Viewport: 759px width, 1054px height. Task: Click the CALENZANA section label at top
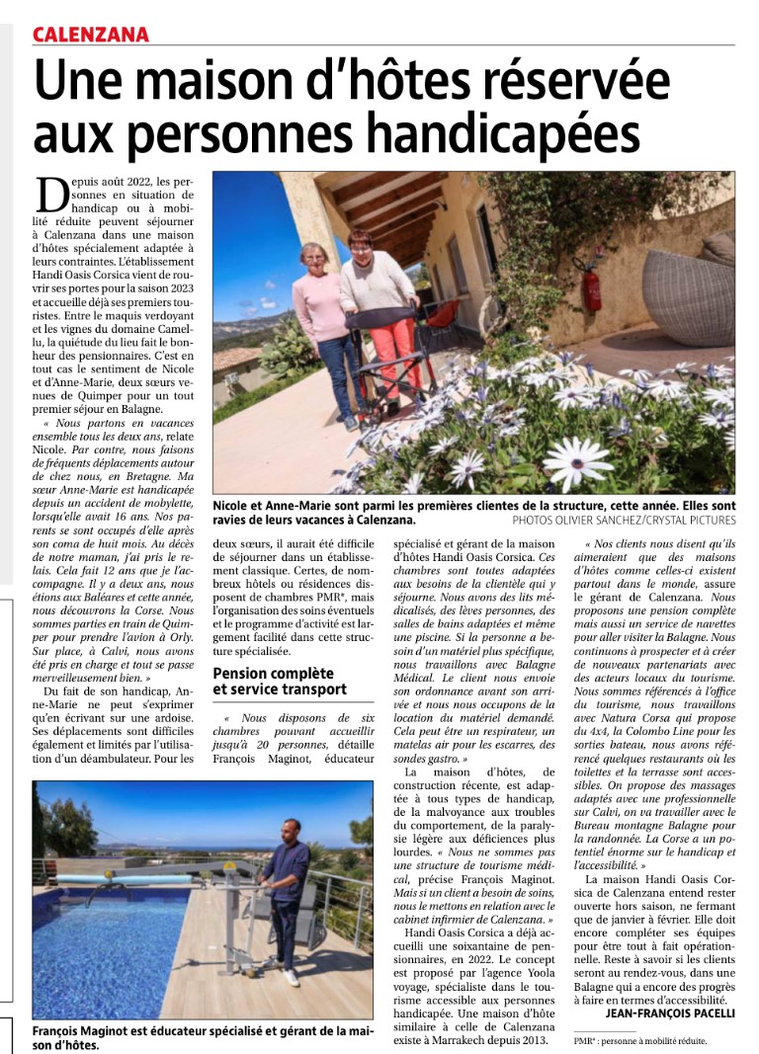pyautogui.click(x=91, y=36)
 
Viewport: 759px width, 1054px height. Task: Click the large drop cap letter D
pyautogui.click(x=53, y=196)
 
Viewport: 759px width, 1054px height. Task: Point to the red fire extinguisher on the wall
pyautogui.click(x=592, y=285)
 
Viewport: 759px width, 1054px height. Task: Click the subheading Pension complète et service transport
pyautogui.click(x=280, y=681)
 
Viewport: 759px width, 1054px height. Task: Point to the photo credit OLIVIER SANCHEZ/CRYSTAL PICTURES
pyautogui.click(x=624, y=520)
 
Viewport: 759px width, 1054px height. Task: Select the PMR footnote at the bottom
pyautogui.click(x=640, y=1040)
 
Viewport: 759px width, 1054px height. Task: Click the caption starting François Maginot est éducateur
pyautogui.click(x=202, y=1037)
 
